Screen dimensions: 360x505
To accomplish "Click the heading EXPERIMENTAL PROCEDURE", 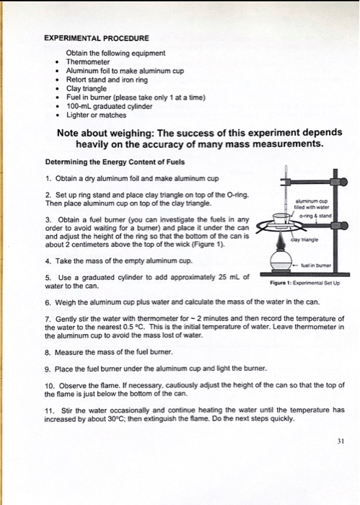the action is pyautogui.click(x=97, y=38).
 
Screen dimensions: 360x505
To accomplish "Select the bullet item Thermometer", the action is pyautogui.click(x=88, y=62).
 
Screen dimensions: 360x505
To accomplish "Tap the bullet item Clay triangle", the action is pyautogui.click(x=87, y=89).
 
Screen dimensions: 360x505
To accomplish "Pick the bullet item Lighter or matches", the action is pyautogui.click(x=96, y=115).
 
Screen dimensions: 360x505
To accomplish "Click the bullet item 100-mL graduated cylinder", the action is pyautogui.click(x=109, y=106).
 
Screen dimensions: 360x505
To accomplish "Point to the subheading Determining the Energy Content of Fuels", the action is pyautogui.click(x=115, y=162).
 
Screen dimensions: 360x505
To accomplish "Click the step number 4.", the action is pyautogui.click(x=48, y=261).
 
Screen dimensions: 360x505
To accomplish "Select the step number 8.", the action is pyautogui.click(x=48, y=352).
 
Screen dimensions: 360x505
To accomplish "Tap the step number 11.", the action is pyautogui.click(x=49, y=410).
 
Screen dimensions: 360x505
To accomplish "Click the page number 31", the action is pyautogui.click(x=341, y=442).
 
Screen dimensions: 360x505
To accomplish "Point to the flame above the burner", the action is pyautogui.click(x=281, y=241).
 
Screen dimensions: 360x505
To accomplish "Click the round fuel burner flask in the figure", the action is pyautogui.click(x=281, y=260).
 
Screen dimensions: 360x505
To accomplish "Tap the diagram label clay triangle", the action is pyautogui.click(x=304, y=240).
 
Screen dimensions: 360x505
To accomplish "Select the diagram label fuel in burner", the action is pyautogui.click(x=316, y=265).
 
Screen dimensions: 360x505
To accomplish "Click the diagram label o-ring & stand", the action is pyautogui.click(x=315, y=216).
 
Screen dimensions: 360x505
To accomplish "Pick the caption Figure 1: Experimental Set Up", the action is pyautogui.click(x=305, y=283).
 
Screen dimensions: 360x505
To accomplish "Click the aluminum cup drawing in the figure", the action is pyautogui.click(x=281, y=219).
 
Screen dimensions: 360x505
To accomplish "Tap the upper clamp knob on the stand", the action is pyautogui.click(x=343, y=182).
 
